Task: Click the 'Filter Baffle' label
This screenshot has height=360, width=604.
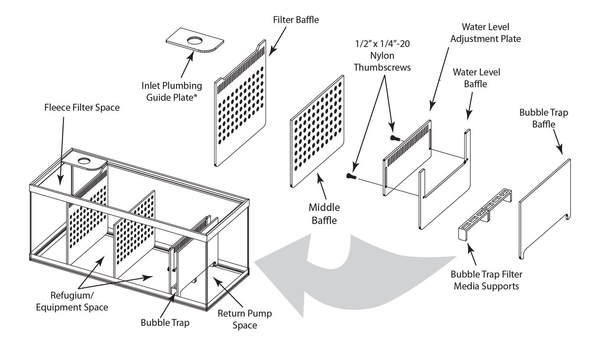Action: coord(296,20)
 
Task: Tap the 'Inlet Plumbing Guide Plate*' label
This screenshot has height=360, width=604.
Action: coord(172,91)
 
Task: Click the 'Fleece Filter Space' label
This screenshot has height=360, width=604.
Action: coord(82,108)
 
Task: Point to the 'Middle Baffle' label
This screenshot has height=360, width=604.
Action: coord(324,214)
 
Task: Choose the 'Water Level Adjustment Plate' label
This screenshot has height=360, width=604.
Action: coord(485,33)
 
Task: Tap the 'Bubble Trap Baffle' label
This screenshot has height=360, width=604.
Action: coord(543,118)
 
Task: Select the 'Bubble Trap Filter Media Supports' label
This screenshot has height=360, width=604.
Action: coord(486,280)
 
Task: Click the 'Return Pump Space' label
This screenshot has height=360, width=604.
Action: coord(244,319)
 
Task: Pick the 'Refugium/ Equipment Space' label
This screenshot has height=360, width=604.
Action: coord(72,301)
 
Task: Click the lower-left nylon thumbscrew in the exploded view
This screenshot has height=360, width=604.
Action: coord(351,176)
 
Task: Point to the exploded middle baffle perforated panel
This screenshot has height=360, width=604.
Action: coord(317,133)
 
